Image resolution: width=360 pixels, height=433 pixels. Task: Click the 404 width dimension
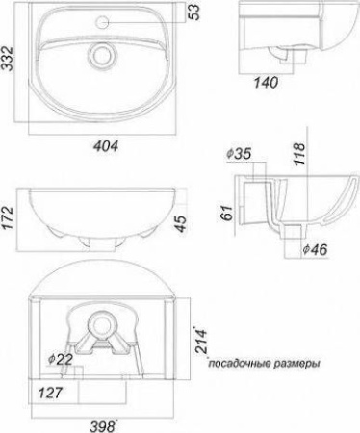tap(106, 146)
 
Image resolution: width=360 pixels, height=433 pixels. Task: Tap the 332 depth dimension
tap(7, 59)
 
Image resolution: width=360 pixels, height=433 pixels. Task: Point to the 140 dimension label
tap(266, 83)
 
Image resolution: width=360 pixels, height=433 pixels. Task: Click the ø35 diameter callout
tap(239, 154)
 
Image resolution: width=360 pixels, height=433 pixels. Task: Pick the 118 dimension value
tap(299, 154)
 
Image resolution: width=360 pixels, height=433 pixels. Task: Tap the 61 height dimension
tap(228, 213)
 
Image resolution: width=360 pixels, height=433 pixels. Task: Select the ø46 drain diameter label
tap(315, 249)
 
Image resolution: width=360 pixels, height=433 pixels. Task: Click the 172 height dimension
tap(8, 218)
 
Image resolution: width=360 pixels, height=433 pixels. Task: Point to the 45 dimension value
tap(181, 224)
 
